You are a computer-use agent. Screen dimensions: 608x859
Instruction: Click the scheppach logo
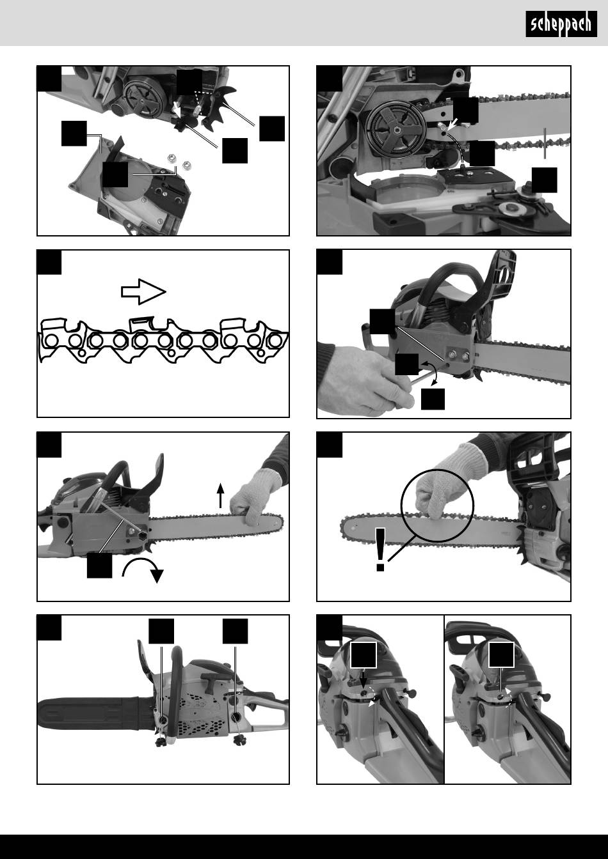click(561, 24)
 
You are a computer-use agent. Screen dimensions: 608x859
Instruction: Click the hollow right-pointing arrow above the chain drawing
click(143, 292)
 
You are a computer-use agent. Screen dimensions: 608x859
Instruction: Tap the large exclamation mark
click(381, 550)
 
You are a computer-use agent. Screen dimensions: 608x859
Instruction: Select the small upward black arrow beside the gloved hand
click(220, 495)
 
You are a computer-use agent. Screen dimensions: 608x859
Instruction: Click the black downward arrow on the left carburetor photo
click(364, 681)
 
